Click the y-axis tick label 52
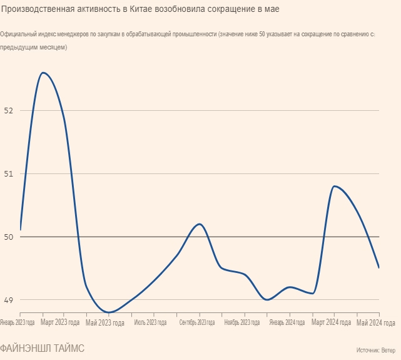click(8, 110)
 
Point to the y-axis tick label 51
click(8, 173)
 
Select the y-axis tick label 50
click(8, 237)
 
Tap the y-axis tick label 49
click(8, 300)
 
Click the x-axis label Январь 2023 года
click(18, 323)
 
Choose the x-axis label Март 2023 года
click(60, 323)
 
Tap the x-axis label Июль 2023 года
click(150, 323)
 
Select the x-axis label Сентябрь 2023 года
click(196, 323)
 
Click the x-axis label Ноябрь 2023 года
click(241, 323)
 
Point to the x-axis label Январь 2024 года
click(287, 323)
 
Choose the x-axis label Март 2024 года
click(332, 323)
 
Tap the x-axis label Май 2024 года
click(376, 323)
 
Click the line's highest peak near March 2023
click(43, 73)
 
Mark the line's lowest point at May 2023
click(109, 312)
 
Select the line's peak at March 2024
click(335, 186)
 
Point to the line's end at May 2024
click(379, 268)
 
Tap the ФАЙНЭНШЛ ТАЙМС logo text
click(43, 348)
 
